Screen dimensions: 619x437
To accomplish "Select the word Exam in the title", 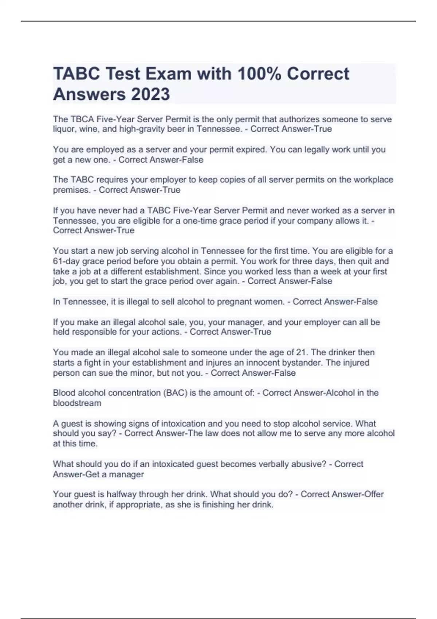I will [169, 74].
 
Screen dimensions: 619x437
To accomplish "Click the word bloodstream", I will [77, 403].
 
